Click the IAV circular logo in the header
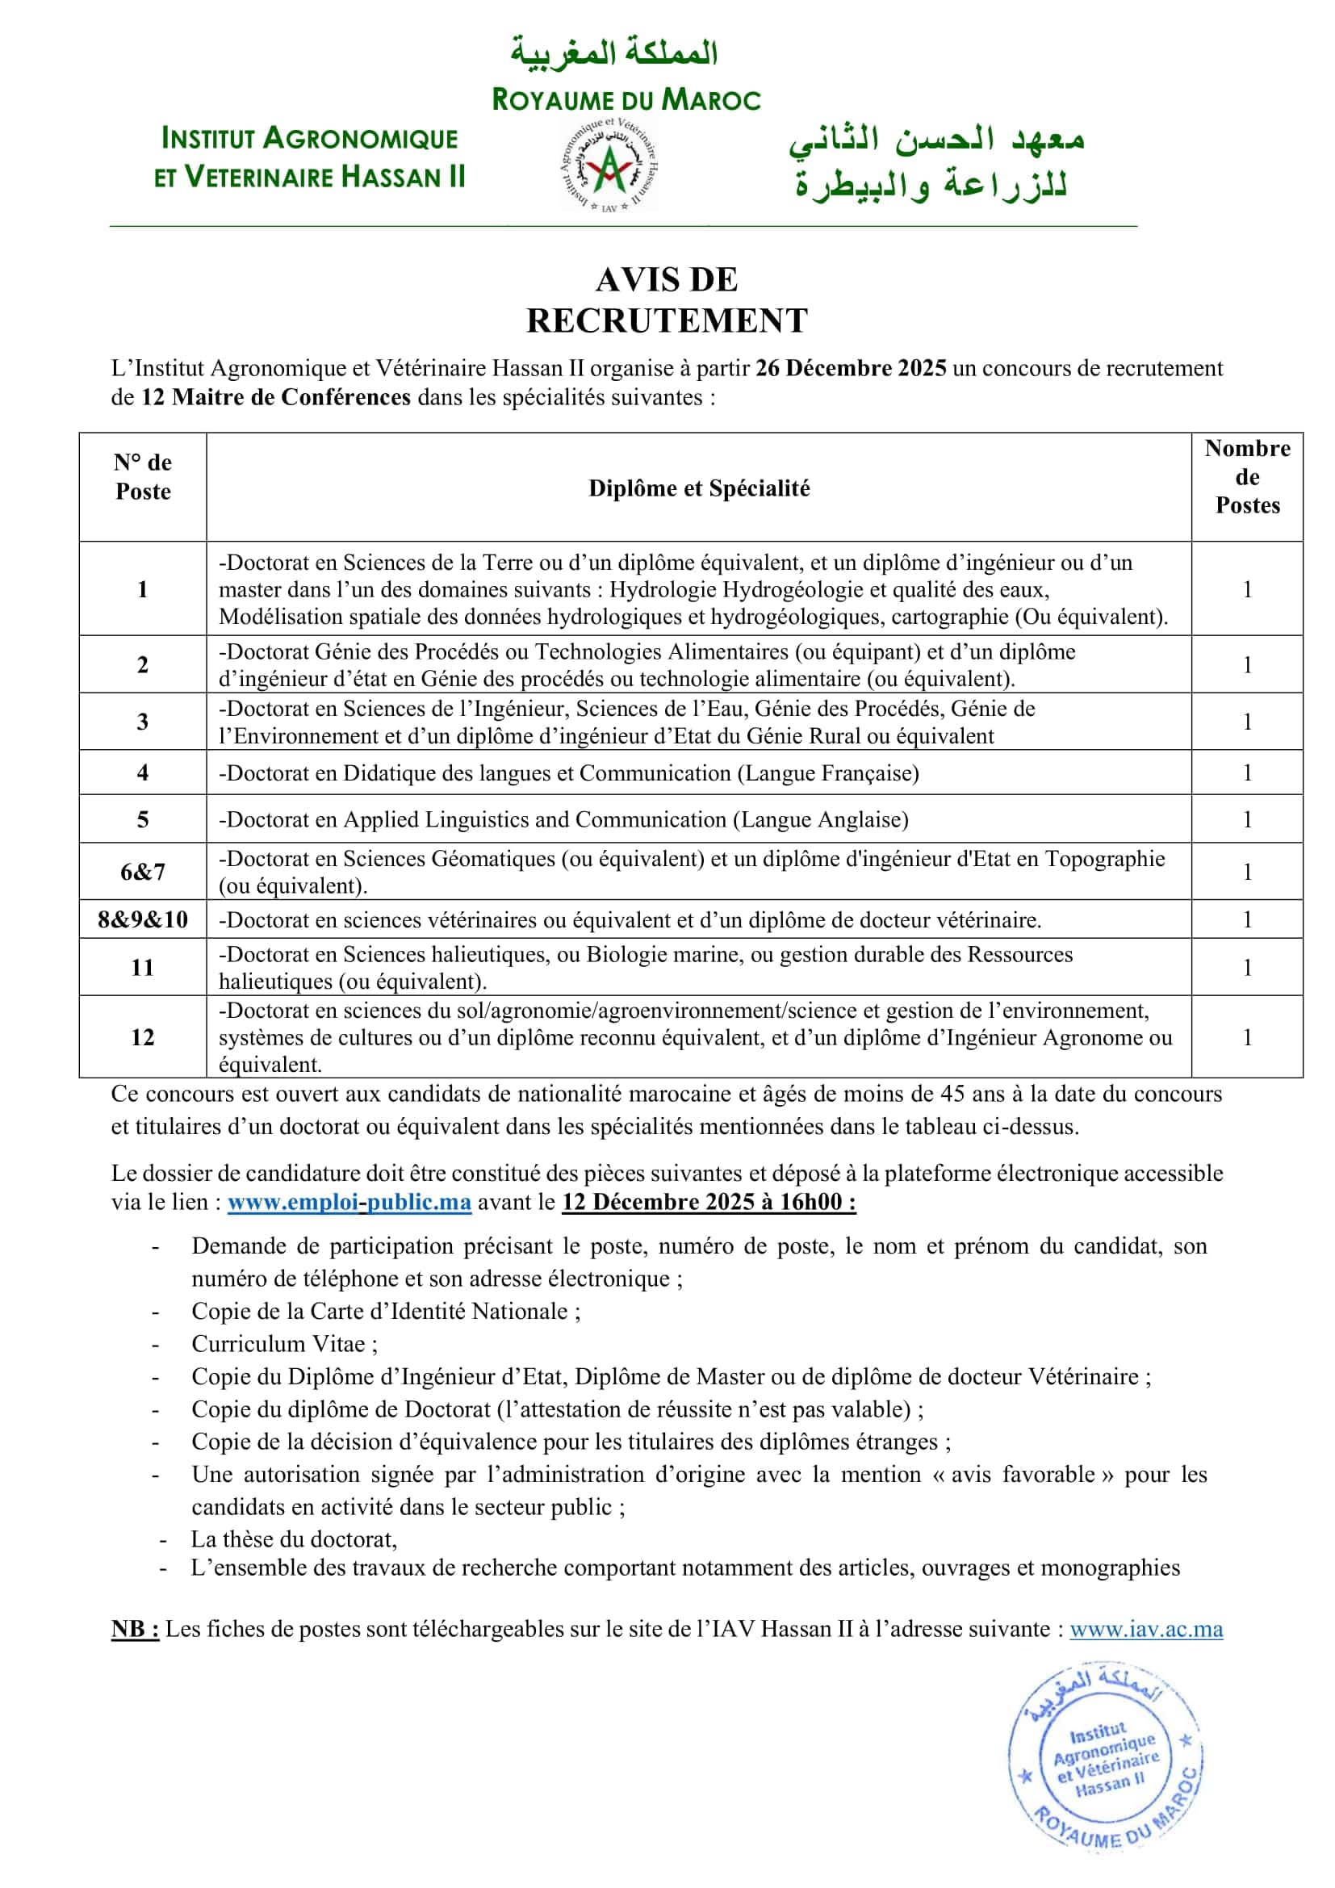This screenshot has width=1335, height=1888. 609,165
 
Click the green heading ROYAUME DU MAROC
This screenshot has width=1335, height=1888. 626,100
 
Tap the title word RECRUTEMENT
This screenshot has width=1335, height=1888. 667,320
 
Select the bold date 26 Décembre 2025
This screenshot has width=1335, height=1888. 851,367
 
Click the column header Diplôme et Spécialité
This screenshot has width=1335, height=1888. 699,488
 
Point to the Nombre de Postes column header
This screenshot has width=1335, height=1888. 1247,477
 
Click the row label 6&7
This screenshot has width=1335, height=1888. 143,872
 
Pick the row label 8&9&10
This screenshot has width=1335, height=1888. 143,919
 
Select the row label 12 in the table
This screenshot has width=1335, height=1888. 143,1037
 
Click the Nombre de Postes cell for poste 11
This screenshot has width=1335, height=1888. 1247,967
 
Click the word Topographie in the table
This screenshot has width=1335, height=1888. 1105,859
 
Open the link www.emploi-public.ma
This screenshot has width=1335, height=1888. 349,1202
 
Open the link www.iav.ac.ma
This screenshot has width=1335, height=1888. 1146,1629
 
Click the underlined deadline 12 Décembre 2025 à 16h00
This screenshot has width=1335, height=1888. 709,1202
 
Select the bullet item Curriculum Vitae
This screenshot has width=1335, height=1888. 278,1344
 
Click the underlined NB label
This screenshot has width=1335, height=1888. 135,1629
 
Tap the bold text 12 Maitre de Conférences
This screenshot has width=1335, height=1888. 276,397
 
